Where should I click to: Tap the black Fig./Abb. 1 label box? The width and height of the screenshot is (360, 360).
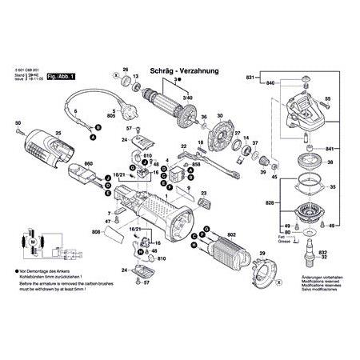click(x=82, y=75)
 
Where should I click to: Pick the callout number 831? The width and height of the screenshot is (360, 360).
click(x=250, y=78)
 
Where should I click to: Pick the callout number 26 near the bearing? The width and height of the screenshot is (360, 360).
click(x=125, y=70)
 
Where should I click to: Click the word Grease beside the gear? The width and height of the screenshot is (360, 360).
click(x=282, y=241)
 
